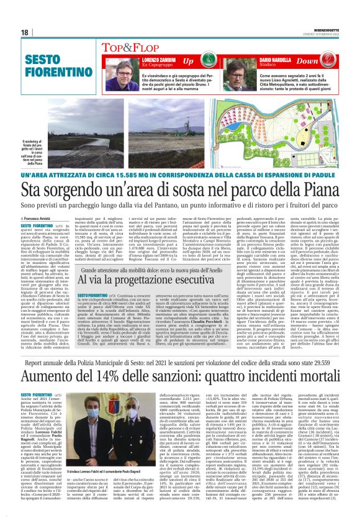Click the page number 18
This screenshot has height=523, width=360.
(x=25, y=32)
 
